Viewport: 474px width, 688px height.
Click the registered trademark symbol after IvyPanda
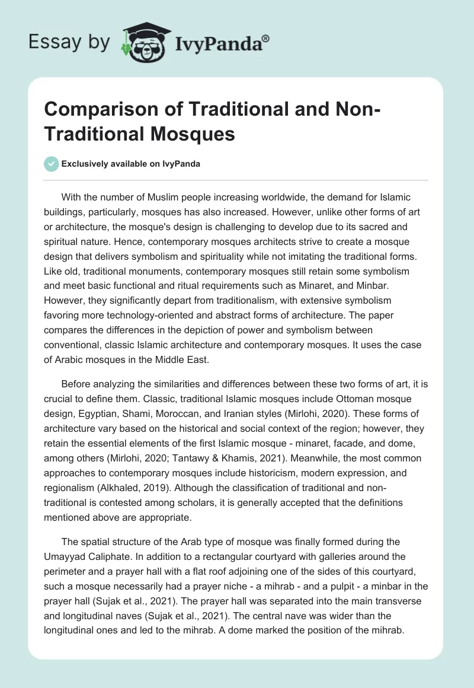266,39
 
